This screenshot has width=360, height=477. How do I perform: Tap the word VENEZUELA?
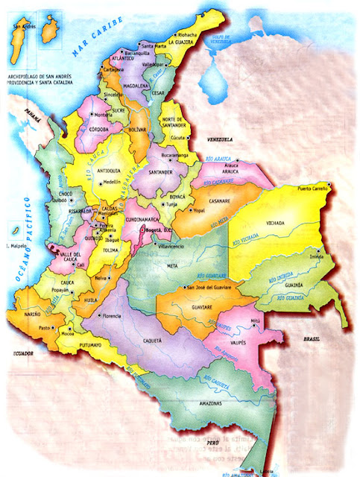[x=221, y=139]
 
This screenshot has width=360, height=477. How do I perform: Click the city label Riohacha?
[x=186, y=34]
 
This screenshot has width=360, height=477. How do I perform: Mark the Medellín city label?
[x=111, y=181]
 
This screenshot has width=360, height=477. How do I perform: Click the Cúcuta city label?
[x=180, y=138]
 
